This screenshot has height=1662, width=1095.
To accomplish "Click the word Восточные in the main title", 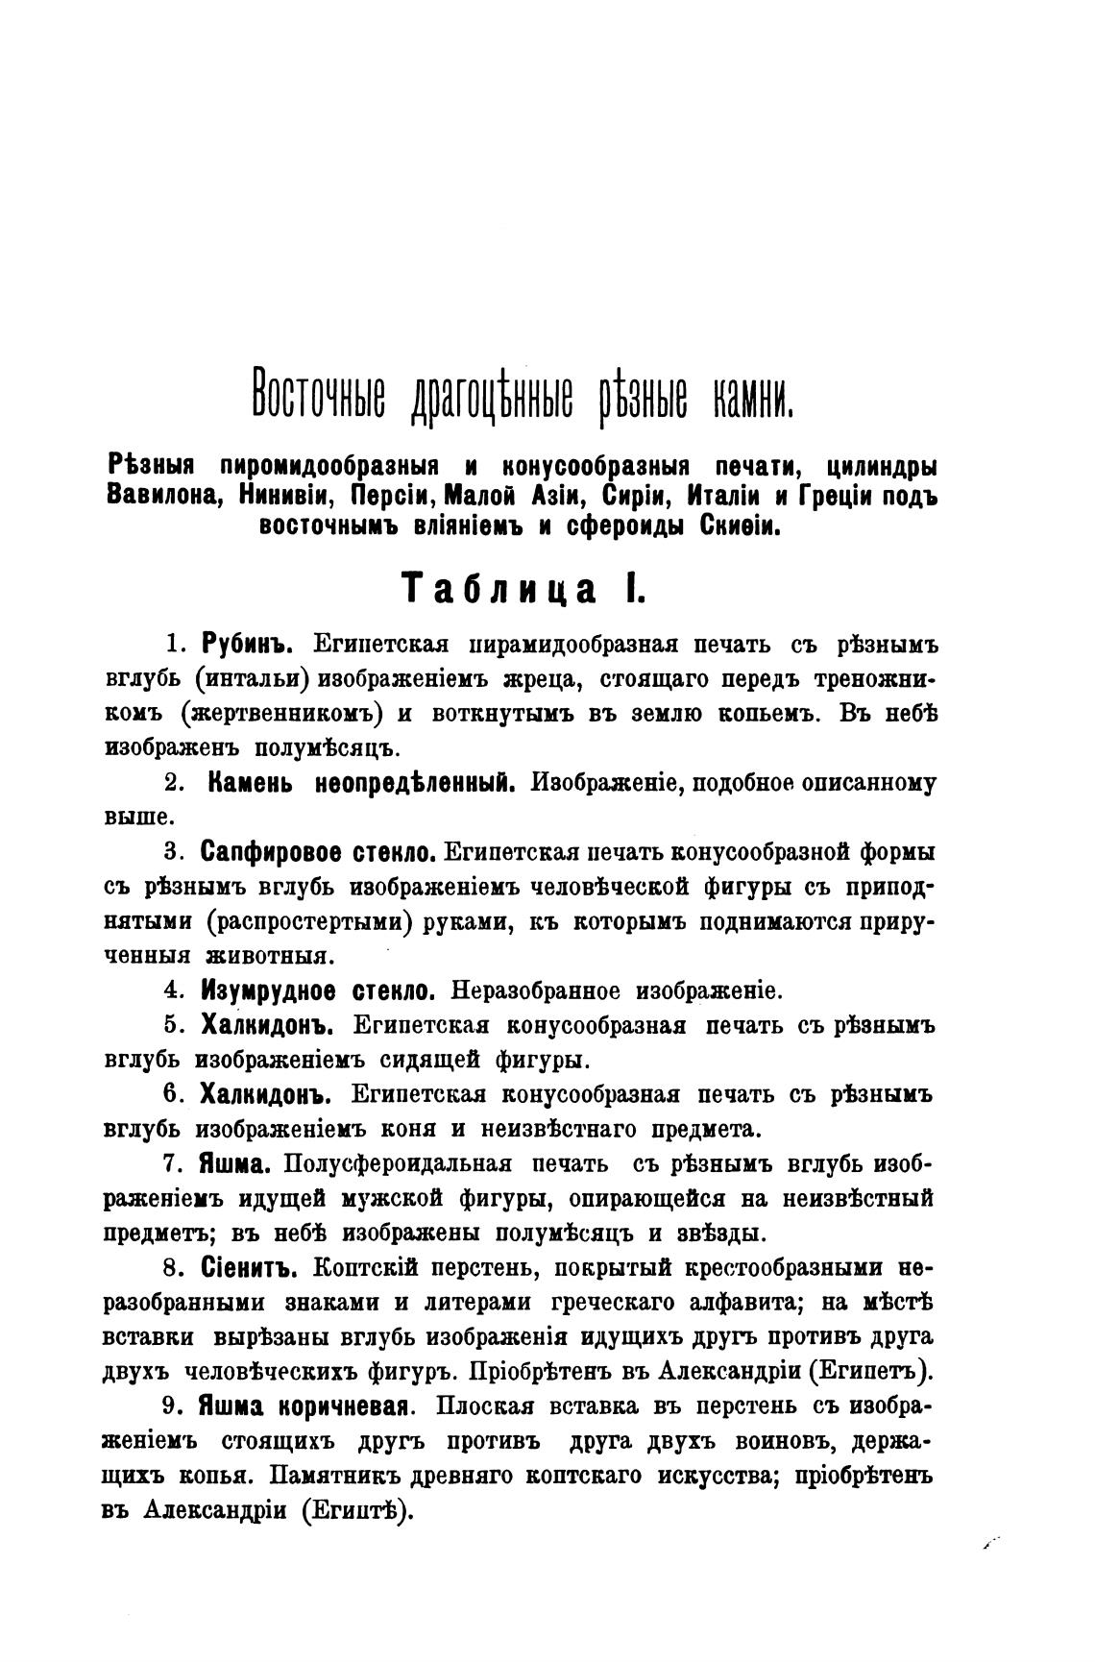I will (x=317, y=403).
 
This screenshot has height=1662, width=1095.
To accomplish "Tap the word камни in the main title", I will (x=751, y=403).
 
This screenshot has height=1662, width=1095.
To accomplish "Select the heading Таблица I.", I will (x=523, y=588).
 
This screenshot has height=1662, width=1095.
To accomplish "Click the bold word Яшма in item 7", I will (x=231, y=1163).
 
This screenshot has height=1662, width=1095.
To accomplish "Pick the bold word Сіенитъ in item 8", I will (x=249, y=1268).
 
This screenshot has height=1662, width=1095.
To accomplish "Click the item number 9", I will (x=170, y=1406).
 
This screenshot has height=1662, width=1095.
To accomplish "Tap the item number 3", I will (x=172, y=852).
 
